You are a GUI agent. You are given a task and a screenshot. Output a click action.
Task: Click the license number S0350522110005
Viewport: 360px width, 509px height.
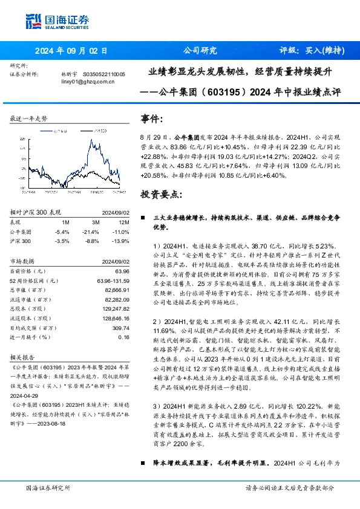pyautogui.click(x=103, y=74)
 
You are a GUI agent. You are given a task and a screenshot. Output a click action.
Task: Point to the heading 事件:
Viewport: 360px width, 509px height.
pyautogui.click(x=152, y=119)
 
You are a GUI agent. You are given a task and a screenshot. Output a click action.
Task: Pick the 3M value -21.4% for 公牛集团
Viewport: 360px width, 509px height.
pyautogui.click(x=91, y=232)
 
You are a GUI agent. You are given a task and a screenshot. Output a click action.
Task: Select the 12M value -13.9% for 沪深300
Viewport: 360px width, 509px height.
pyautogui.click(x=121, y=241)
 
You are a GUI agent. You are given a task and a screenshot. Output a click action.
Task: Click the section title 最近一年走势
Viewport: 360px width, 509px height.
pyautogui.click(x=28, y=118)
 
